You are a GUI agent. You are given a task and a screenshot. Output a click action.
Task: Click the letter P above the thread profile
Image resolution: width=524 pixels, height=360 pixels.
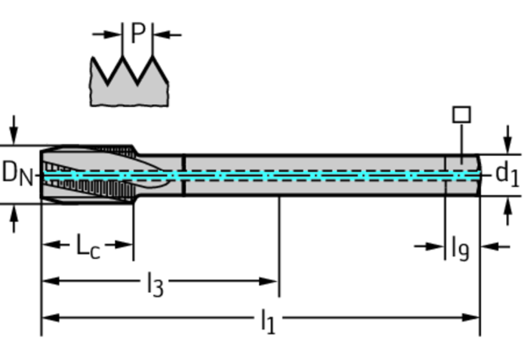click(x=138, y=33)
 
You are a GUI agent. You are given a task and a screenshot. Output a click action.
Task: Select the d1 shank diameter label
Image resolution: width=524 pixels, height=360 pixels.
click(x=506, y=174)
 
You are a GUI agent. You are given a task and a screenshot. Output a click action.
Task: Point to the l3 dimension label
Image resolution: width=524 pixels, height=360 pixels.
click(x=155, y=284)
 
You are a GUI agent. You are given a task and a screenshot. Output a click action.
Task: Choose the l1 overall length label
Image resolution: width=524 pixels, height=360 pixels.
click(x=267, y=319)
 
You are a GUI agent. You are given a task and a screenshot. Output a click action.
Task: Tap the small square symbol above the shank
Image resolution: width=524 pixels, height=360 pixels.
click(x=461, y=114)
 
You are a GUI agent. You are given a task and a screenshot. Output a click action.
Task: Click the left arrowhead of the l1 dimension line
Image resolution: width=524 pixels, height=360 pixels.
click(x=49, y=318)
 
